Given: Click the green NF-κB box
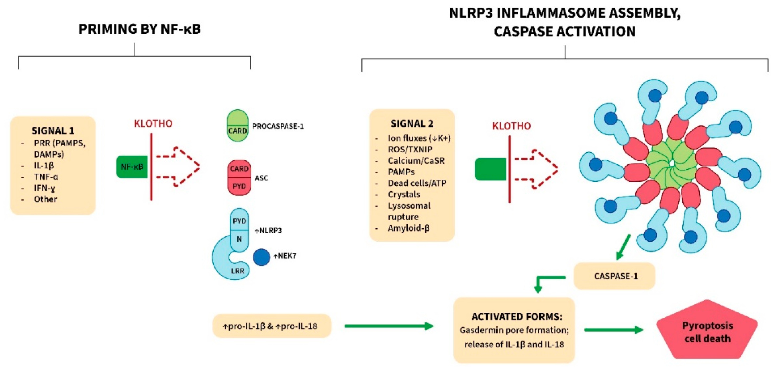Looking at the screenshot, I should [x=132, y=166].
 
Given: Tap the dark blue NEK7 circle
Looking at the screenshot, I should [x=261, y=257].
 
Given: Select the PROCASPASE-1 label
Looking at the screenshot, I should [x=278, y=126].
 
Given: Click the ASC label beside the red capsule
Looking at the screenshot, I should [x=261, y=178].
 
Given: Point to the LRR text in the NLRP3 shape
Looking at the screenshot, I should [x=237, y=271].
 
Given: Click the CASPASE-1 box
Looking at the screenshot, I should [x=615, y=276].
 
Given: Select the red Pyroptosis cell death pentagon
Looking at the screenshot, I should [x=707, y=331].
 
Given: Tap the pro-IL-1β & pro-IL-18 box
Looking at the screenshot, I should [x=271, y=326].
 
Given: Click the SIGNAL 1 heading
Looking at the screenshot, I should [x=53, y=131].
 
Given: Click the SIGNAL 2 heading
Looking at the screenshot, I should [x=412, y=124].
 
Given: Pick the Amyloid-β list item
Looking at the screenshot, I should [x=408, y=228].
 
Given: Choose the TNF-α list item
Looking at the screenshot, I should [x=46, y=177].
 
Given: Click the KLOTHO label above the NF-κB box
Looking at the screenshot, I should [x=153, y=123].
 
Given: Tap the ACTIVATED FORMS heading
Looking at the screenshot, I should [x=517, y=317].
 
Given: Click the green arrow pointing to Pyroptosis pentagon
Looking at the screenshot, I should [x=613, y=330].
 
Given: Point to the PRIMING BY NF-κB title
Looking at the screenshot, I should [x=139, y=29].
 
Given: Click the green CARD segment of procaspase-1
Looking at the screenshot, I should [x=237, y=131].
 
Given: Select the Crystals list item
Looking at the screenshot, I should [x=404, y=194].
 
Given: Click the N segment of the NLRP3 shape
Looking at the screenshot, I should [x=239, y=239].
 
